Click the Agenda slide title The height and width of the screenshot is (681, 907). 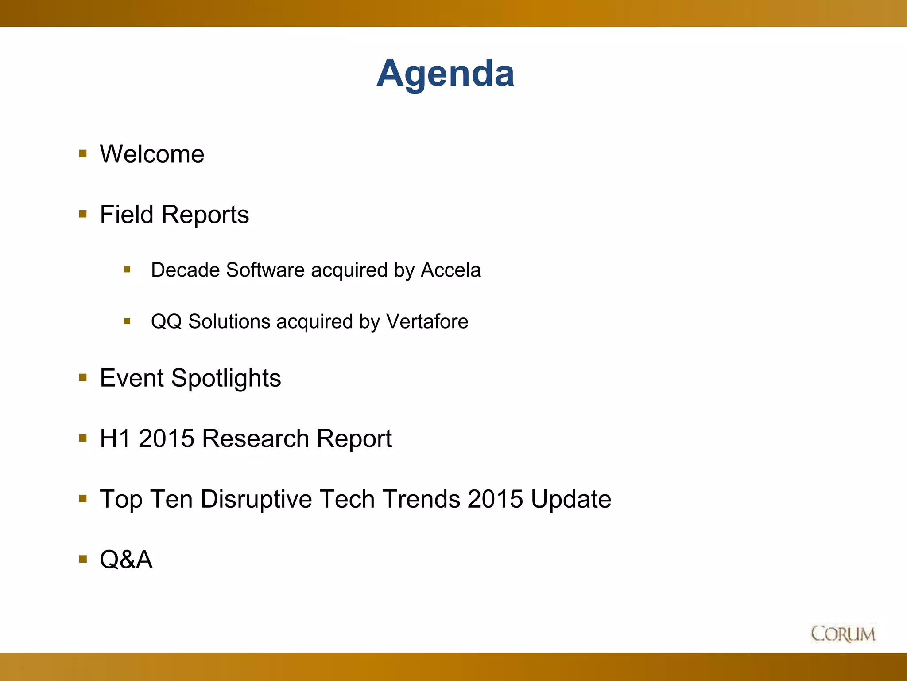click(x=445, y=73)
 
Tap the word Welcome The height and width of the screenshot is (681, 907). click(x=152, y=154)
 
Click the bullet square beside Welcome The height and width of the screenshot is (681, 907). click(x=83, y=154)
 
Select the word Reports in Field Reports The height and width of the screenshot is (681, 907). click(x=205, y=215)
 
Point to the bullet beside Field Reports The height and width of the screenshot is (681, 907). click(x=83, y=214)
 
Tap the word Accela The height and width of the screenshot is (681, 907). click(x=450, y=270)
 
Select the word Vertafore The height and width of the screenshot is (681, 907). click(x=427, y=321)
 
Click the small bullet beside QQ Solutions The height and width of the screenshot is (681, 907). click(x=127, y=321)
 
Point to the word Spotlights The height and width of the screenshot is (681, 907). click(x=226, y=379)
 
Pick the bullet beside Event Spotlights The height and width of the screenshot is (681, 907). click(x=83, y=378)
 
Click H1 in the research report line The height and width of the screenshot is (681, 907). click(x=116, y=438)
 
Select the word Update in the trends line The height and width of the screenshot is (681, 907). click(x=571, y=499)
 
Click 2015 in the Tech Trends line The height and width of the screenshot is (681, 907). click(x=495, y=499)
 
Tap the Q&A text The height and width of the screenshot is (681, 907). click(x=126, y=560)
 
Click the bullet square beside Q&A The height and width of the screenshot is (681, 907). click(x=83, y=559)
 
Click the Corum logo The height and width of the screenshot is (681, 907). click(x=843, y=634)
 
